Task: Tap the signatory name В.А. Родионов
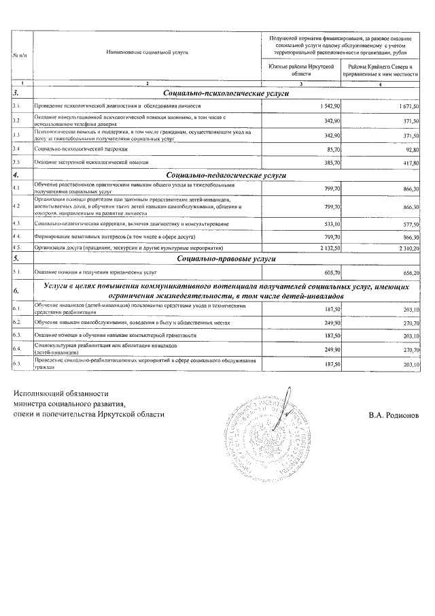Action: tap(394, 415)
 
